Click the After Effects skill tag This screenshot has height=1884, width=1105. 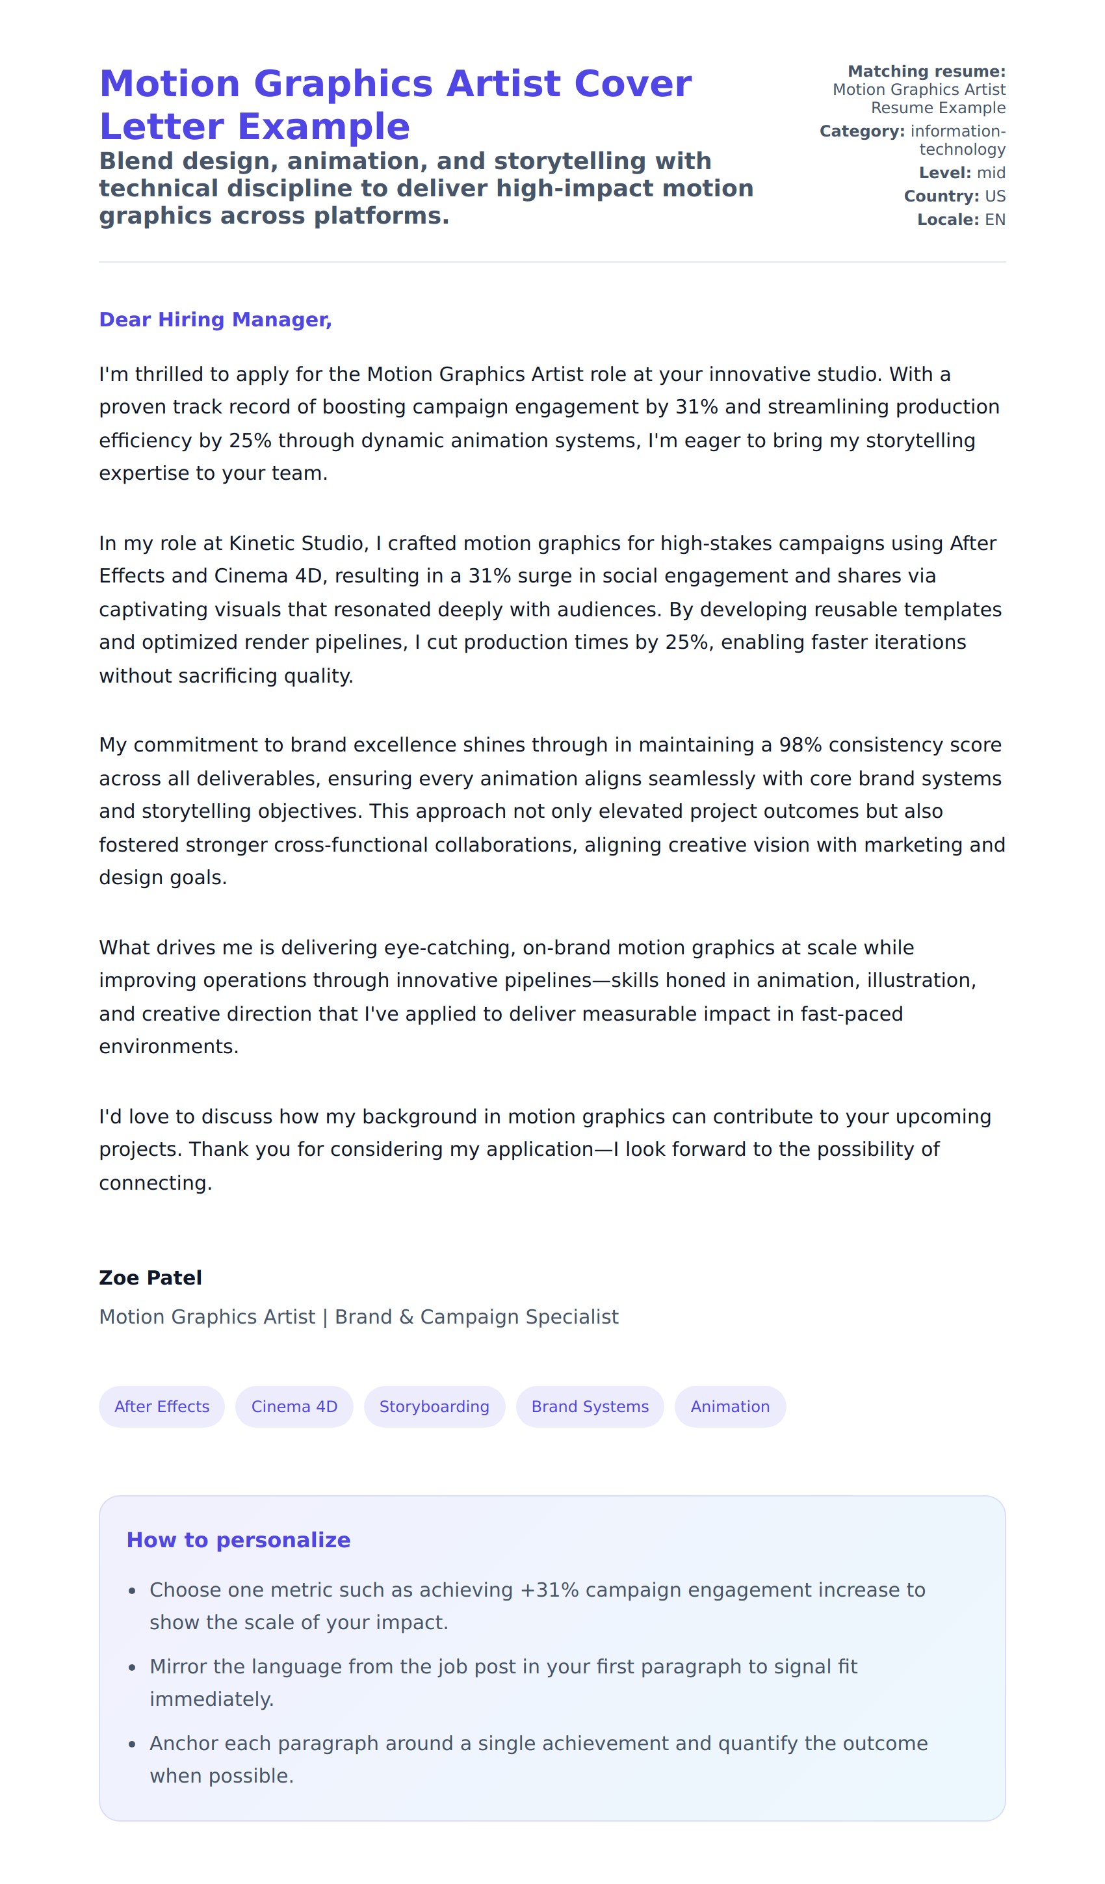pyautogui.click(x=161, y=1406)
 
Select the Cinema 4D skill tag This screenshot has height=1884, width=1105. pyautogui.click(x=294, y=1406)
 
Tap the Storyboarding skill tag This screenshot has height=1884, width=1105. pyautogui.click(x=434, y=1406)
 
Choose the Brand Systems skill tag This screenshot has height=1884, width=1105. pyautogui.click(x=590, y=1406)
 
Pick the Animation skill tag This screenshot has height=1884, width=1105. pyautogui.click(x=730, y=1406)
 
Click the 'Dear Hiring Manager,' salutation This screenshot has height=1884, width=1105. pyautogui.click(x=215, y=319)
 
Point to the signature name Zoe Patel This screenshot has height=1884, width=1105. pyautogui.click(x=150, y=1277)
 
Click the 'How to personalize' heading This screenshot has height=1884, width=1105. pyautogui.click(x=238, y=1540)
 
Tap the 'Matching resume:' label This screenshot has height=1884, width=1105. pyautogui.click(x=926, y=71)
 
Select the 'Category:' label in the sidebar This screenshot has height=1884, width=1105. pyautogui.click(x=862, y=131)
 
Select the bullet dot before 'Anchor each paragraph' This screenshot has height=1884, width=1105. pyautogui.click(x=133, y=1745)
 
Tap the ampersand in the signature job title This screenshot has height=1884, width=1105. pyautogui.click(x=406, y=1316)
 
